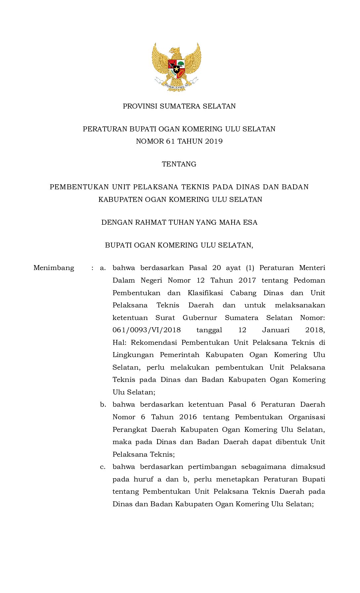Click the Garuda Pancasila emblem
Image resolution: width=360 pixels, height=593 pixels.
point(176,67)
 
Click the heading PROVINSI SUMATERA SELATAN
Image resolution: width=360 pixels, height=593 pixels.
point(179,106)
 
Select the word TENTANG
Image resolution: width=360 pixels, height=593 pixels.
point(179,164)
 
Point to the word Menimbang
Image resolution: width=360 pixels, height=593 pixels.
point(54,268)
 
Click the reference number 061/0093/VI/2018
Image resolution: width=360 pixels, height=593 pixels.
point(147,330)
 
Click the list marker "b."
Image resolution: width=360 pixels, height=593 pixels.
point(103,404)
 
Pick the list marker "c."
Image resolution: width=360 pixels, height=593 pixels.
point(103,467)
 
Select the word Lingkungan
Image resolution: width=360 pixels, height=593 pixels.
point(133,355)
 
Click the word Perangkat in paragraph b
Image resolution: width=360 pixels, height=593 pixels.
point(129,430)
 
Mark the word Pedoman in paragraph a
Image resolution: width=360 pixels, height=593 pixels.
point(309,280)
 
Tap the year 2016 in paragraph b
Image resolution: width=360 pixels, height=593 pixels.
point(188,417)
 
